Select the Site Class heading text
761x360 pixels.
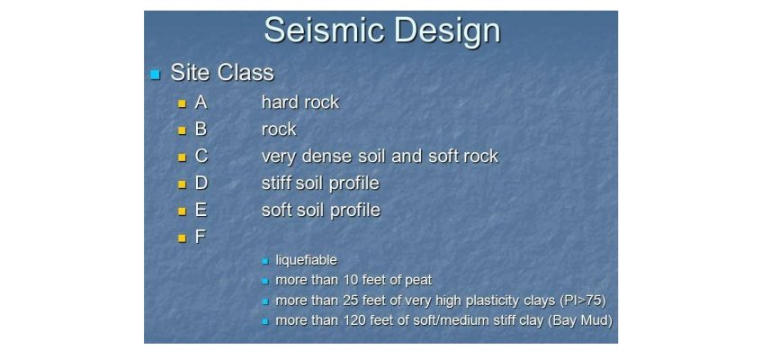coord(222,74)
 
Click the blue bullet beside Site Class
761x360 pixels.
coord(156,75)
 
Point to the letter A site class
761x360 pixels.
coord(201,103)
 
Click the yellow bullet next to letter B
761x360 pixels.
coord(183,130)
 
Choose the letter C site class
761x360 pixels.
coord(201,157)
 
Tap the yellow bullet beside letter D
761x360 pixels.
coord(183,184)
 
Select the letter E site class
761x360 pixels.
coord(201,210)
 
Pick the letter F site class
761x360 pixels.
coord(200,237)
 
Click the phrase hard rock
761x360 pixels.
coord(300,103)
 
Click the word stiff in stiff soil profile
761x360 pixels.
coord(276,184)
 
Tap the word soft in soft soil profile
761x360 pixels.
coord(276,210)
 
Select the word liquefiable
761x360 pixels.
coord(306,260)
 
